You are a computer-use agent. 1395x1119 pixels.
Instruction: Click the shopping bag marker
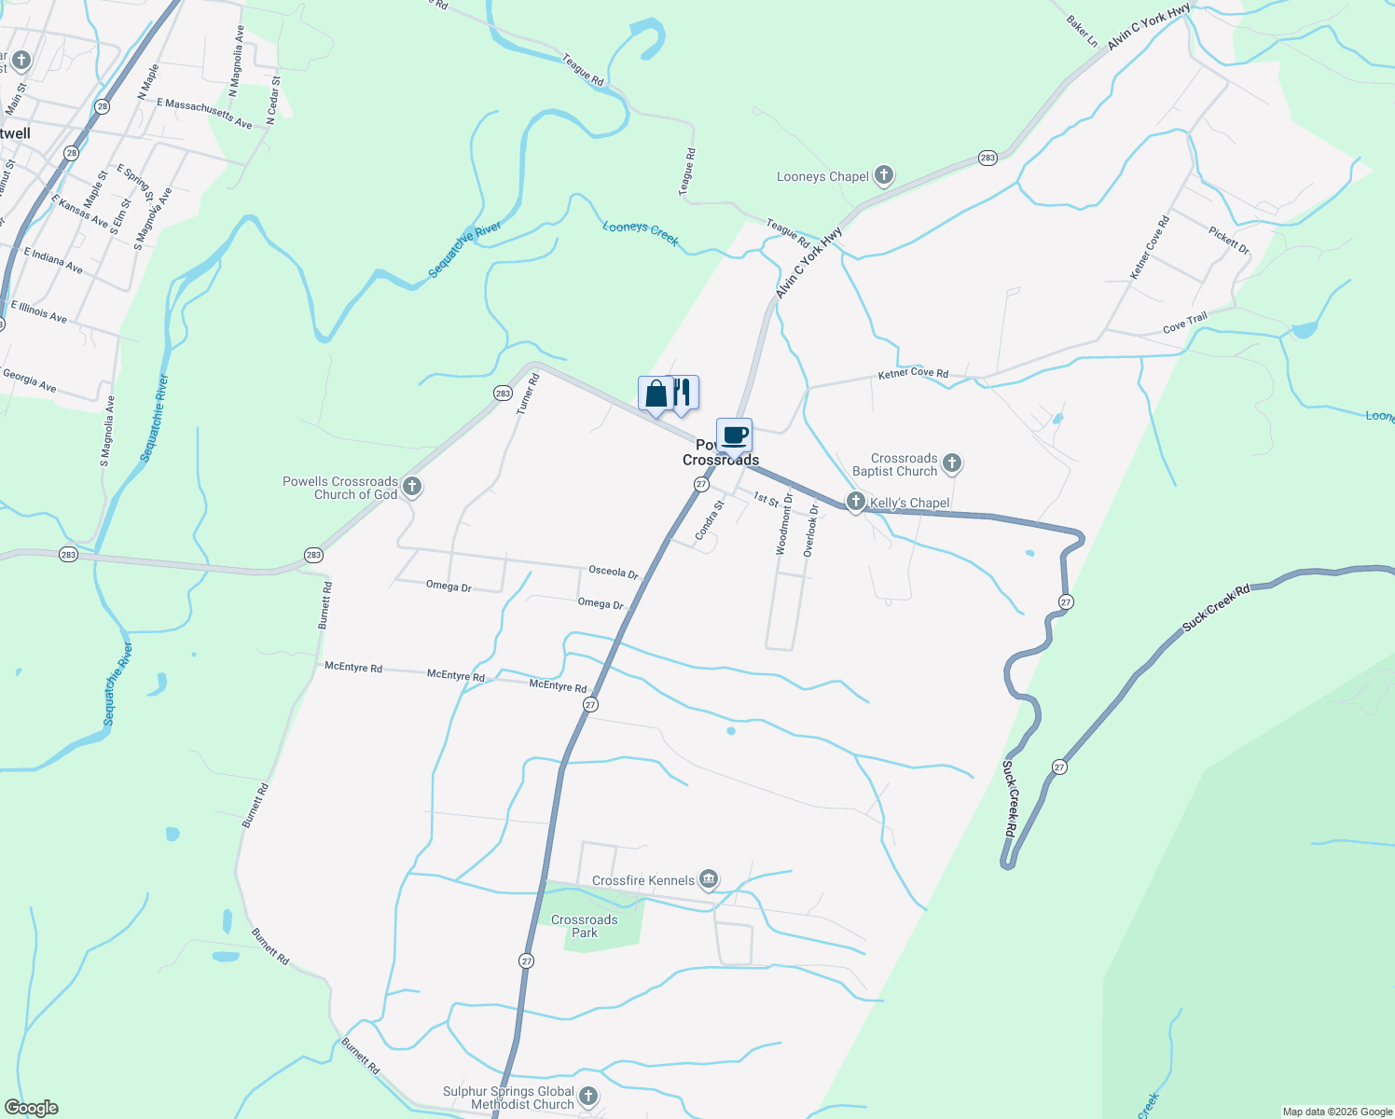click(x=655, y=394)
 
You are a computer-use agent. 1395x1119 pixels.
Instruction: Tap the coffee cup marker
click(x=734, y=435)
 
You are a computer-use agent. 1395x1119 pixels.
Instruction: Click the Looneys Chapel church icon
click(x=884, y=175)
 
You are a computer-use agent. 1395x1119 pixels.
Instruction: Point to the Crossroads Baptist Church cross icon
click(x=951, y=463)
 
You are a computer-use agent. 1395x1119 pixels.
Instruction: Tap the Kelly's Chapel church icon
click(x=855, y=502)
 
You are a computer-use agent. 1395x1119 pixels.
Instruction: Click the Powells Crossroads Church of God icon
click(x=412, y=486)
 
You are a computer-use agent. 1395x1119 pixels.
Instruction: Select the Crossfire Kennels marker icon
click(x=709, y=878)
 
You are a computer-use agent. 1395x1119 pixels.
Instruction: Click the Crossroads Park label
click(x=584, y=926)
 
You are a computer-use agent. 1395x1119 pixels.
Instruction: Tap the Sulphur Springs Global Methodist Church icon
click(x=587, y=1097)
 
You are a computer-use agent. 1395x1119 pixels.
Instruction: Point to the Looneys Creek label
click(x=641, y=233)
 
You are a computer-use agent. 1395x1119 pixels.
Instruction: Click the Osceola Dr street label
click(x=613, y=572)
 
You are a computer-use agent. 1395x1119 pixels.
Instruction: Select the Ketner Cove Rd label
click(x=913, y=375)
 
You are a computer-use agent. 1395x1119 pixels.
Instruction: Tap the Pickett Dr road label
click(x=1228, y=241)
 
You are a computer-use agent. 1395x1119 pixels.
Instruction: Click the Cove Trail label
click(x=1184, y=323)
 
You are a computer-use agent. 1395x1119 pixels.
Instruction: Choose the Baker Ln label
click(x=1082, y=32)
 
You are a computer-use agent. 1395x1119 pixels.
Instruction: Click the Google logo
click(x=32, y=1108)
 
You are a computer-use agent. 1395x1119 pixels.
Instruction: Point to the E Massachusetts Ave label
click(x=204, y=113)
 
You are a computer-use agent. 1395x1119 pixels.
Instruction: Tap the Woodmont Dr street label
click(x=784, y=524)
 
